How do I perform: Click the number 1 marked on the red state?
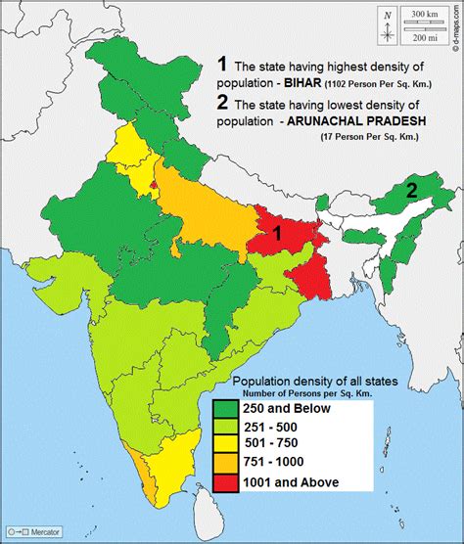pos(277,233)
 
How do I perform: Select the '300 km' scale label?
pos(425,16)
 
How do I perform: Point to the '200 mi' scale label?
pos(425,37)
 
